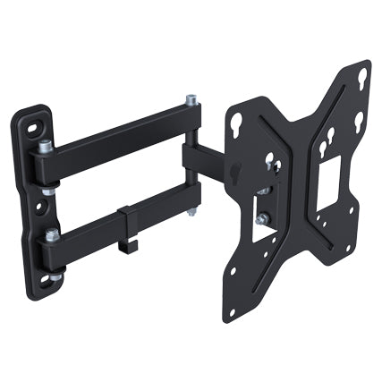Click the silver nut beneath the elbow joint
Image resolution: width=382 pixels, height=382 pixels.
coord(190,212)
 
